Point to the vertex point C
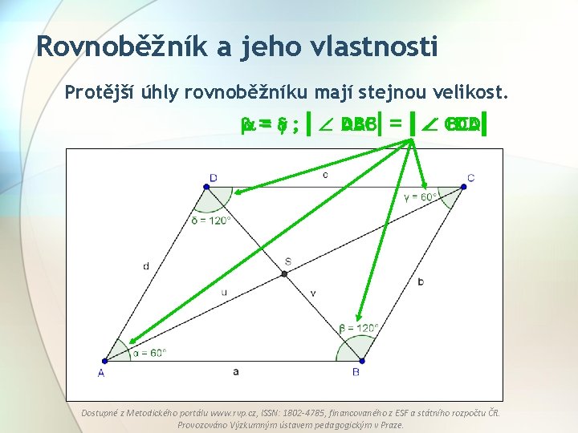(463, 187)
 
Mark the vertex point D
(206, 187)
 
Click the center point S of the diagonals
(284, 273)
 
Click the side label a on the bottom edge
(234, 371)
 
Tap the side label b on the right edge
(421, 281)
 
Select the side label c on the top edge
(324, 174)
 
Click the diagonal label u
(224, 292)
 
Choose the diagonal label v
(313, 293)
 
